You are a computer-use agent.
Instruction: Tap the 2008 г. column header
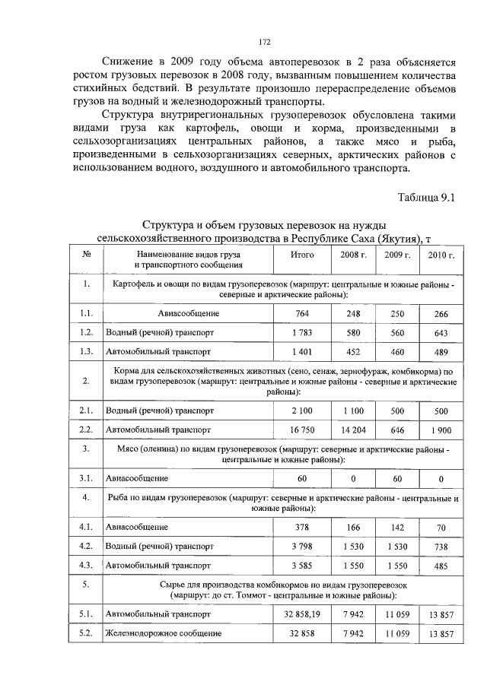(353, 255)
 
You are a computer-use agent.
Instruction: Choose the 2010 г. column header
(441, 255)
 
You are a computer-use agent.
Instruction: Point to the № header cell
(88, 255)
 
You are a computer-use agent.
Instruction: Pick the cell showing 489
(441, 352)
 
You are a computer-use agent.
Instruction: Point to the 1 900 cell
(441, 430)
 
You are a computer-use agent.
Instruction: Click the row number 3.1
(87, 479)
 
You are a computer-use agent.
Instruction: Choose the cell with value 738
(441, 546)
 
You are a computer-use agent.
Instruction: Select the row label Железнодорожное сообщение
(164, 633)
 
